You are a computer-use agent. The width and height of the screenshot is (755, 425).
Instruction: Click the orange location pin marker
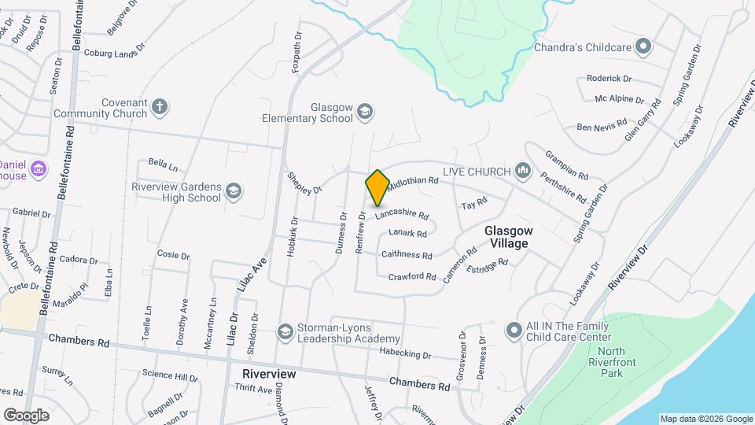377,188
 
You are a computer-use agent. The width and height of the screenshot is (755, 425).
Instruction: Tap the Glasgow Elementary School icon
364,112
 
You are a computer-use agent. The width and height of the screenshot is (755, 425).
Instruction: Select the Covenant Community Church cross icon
160,107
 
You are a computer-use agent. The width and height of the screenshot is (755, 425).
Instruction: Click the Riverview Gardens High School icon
234,190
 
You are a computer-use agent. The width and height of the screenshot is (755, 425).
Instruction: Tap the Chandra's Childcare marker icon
643,47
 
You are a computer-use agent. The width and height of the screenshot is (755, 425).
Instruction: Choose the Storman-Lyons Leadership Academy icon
285,331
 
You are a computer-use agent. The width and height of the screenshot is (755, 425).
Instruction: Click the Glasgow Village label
509,237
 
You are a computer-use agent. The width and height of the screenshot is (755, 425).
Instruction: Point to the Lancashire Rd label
401,214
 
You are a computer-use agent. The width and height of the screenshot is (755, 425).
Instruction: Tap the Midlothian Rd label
412,180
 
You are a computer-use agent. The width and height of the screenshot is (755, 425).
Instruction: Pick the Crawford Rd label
412,276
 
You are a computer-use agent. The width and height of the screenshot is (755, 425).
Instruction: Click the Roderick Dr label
609,79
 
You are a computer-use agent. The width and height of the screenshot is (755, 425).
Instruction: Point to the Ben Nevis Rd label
602,126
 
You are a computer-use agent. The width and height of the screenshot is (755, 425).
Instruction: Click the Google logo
26,416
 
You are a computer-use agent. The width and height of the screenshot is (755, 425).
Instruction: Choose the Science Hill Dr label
171,378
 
